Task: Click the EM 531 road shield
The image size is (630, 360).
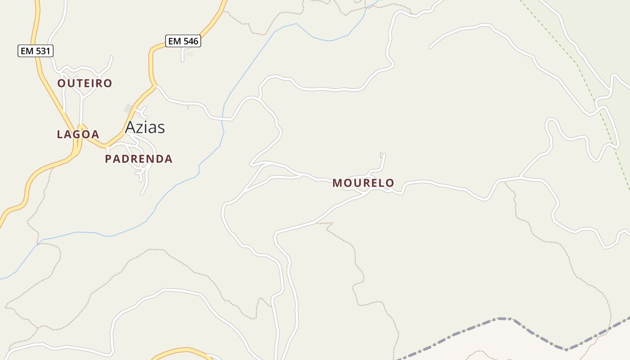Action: coord(36,51)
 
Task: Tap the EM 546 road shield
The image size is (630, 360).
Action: coord(183,41)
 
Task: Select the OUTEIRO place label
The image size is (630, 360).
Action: coord(85,83)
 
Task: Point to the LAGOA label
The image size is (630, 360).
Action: coord(78,134)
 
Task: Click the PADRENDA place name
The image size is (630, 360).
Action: coord(139,159)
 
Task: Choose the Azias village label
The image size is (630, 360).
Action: coord(145,127)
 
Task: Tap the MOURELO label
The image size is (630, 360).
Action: coord(363,183)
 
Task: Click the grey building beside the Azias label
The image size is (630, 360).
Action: coord(129,108)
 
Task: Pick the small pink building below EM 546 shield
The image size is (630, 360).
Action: coord(190,54)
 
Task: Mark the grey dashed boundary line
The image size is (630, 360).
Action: coord(499,319)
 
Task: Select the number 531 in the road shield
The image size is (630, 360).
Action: coord(42,51)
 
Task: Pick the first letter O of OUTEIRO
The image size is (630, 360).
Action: coord(62,83)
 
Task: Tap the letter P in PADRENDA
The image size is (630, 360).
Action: coord(108,159)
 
